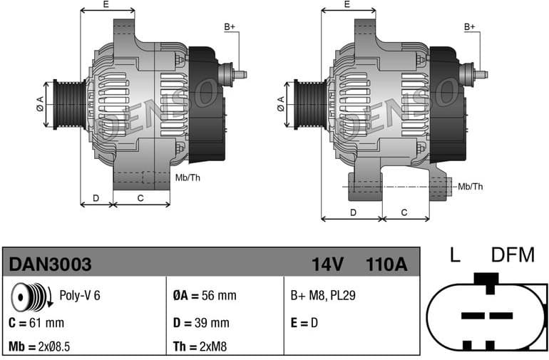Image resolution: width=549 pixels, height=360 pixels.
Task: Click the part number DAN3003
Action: tap(50, 264)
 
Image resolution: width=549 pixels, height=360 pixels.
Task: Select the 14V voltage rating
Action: tap(327, 264)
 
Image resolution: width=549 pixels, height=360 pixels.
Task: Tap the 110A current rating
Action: tap(386, 264)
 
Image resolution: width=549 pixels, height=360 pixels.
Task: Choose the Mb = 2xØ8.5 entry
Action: tap(39, 346)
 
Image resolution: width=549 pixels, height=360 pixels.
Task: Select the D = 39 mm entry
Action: tap(201, 322)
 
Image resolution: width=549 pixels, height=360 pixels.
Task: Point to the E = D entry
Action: tap(304, 322)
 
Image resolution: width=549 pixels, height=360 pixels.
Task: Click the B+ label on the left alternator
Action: tap(230, 27)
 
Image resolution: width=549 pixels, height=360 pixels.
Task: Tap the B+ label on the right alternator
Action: tap(470, 27)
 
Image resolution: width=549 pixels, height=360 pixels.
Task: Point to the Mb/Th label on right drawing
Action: tap(470, 186)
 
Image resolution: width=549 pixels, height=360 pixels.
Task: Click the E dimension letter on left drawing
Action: tap(106, 4)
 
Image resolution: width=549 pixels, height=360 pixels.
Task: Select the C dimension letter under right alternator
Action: tap(404, 212)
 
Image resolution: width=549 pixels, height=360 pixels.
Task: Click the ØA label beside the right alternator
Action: tap(281, 103)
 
